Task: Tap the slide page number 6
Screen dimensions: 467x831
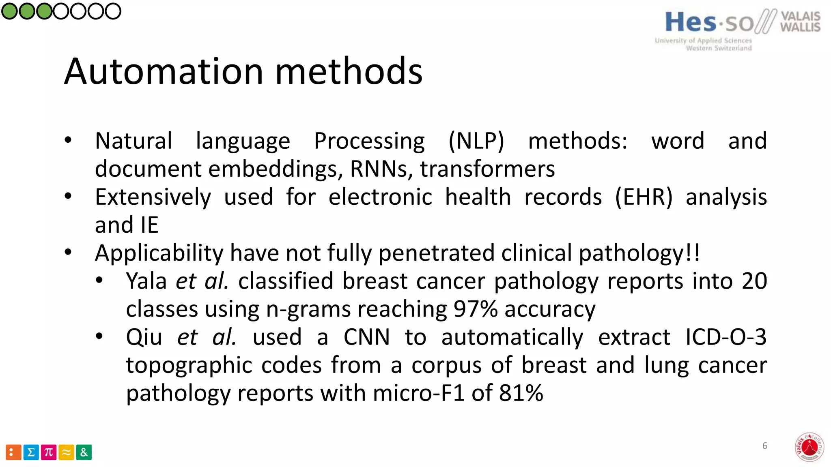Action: (765, 446)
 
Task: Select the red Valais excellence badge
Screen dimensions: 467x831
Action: (809, 448)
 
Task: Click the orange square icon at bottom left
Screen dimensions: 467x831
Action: (13, 452)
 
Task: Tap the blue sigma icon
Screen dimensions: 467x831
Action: (31, 452)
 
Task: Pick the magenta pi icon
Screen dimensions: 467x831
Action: (49, 452)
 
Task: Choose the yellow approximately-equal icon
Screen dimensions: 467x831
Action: (66, 452)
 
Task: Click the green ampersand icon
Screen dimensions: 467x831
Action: (84, 452)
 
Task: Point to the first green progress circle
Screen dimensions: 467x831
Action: (9, 11)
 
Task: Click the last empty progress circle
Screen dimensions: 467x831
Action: (113, 11)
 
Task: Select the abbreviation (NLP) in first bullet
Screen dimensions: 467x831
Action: (476, 141)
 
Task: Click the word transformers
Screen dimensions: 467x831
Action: (487, 169)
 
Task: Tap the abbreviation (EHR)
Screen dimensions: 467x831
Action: (644, 197)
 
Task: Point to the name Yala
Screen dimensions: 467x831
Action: (146, 281)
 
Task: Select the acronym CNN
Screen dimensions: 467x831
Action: (366, 337)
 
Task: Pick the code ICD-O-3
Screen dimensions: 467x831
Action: (726, 337)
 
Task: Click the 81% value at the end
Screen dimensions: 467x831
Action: (521, 393)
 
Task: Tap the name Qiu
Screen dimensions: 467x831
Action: (144, 337)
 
